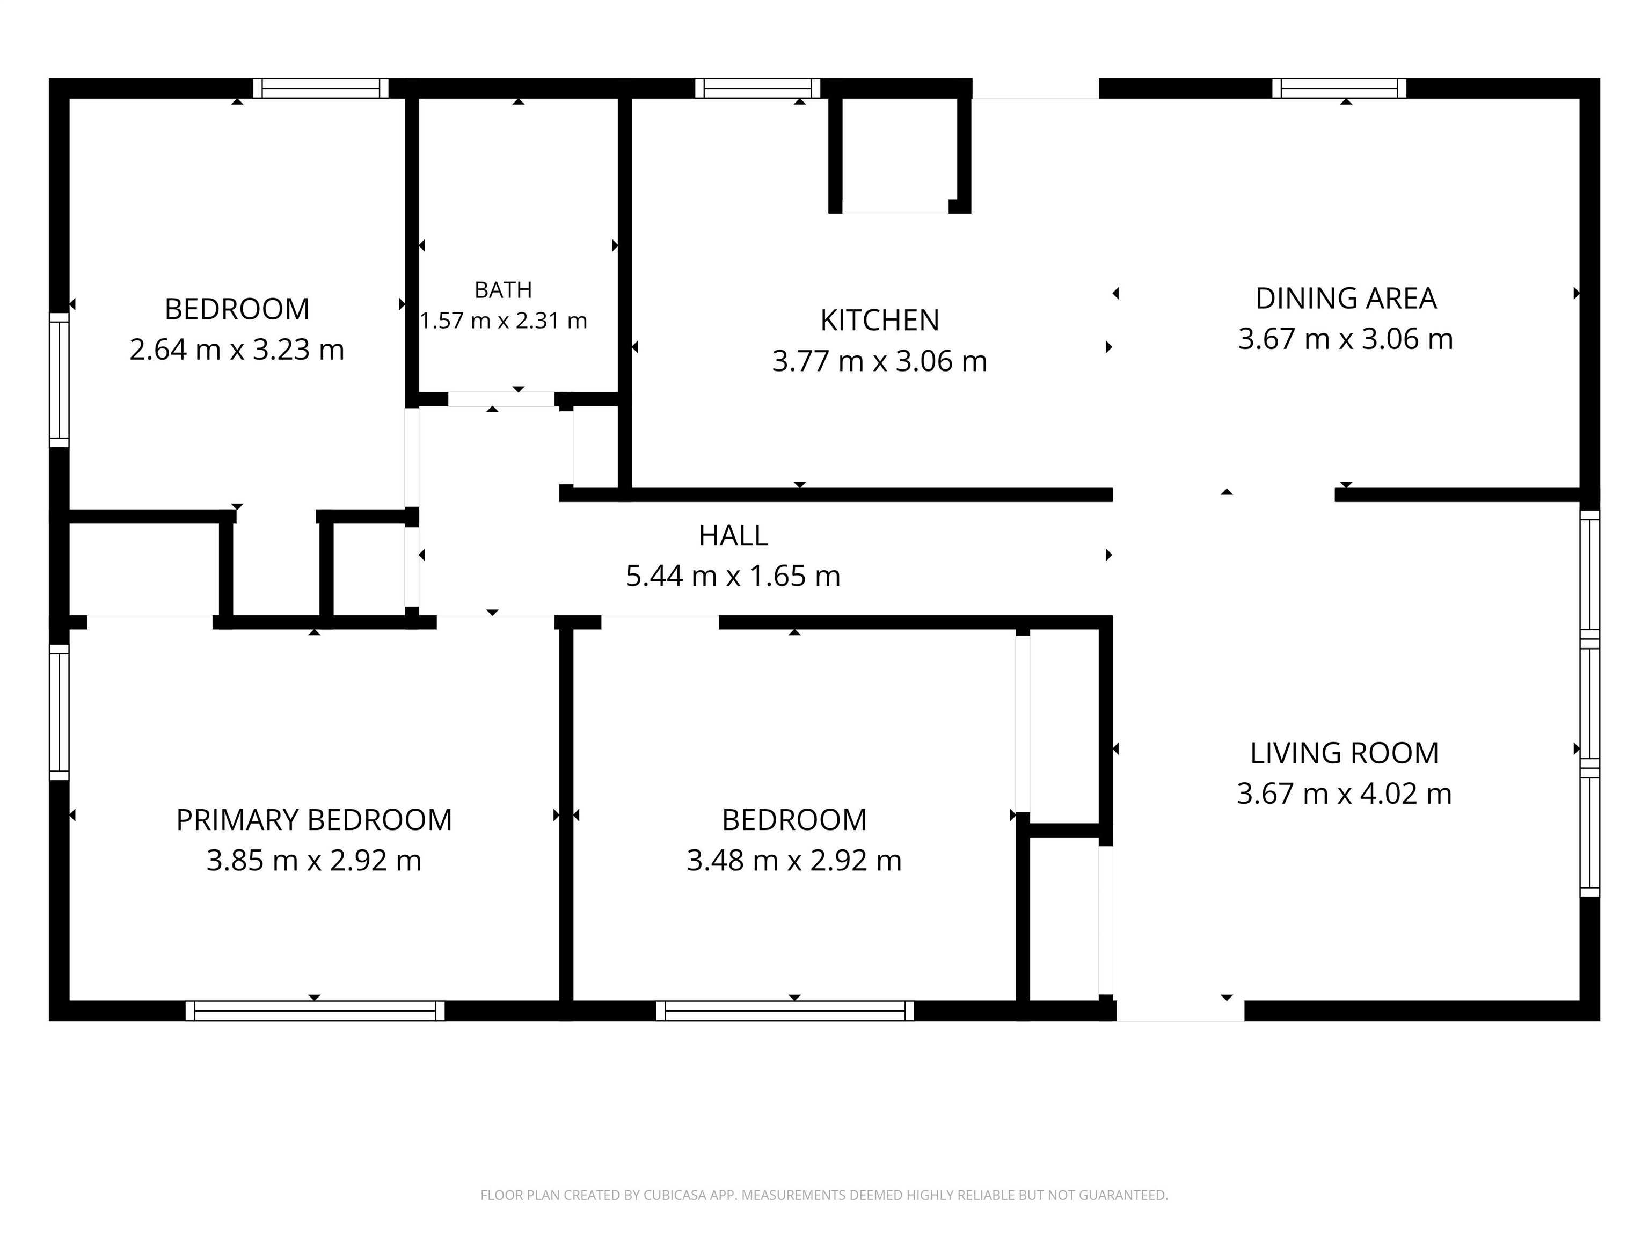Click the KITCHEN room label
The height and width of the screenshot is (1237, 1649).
click(880, 320)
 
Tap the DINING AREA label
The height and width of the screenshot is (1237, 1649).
click(1346, 299)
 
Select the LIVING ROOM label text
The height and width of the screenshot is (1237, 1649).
click(1344, 753)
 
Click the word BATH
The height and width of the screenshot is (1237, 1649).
click(503, 289)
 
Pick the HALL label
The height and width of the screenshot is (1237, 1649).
click(733, 535)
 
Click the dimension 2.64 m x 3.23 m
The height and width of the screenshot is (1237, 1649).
click(237, 350)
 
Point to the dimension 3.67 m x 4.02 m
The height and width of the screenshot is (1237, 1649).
click(1344, 794)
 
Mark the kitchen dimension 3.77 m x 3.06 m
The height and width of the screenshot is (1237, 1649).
click(880, 361)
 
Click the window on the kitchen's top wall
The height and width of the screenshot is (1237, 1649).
click(757, 88)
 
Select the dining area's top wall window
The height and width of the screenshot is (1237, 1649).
click(1339, 88)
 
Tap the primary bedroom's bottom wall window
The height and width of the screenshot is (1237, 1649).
click(315, 1010)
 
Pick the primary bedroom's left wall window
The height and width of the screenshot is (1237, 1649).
click(59, 712)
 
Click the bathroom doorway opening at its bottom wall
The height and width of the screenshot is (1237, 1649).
click(501, 399)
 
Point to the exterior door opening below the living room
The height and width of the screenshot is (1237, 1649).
click(1180, 1010)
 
